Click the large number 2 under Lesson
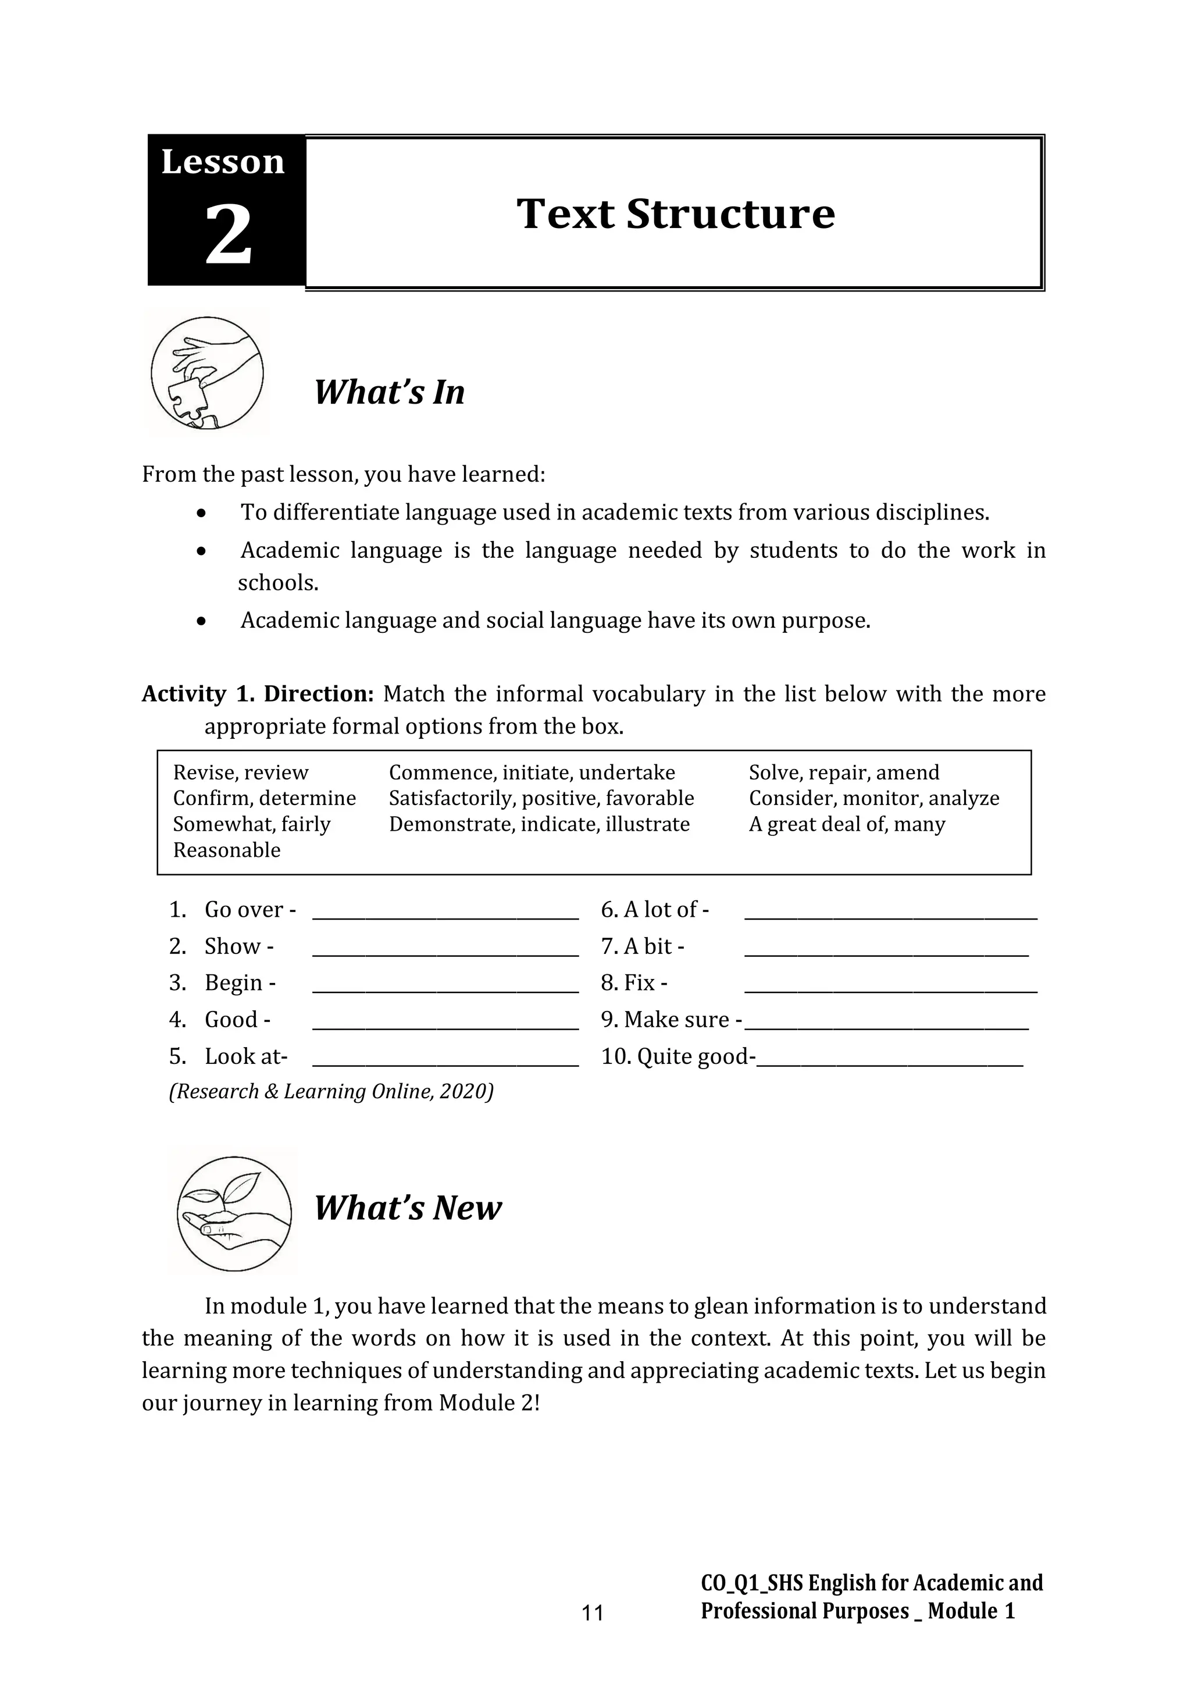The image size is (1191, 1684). (228, 236)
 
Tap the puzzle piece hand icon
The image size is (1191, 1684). (207, 373)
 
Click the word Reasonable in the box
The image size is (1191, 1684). (227, 850)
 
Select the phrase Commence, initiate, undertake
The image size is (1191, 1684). (532, 772)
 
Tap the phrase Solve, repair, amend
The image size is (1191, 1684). (843, 772)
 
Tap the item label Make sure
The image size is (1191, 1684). (669, 1020)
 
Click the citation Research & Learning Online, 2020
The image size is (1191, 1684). (331, 1092)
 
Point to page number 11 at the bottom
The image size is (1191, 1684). (592, 1613)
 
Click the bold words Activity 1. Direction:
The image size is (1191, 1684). (258, 694)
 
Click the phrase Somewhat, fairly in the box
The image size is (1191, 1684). (252, 824)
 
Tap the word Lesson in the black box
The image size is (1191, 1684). (223, 162)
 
